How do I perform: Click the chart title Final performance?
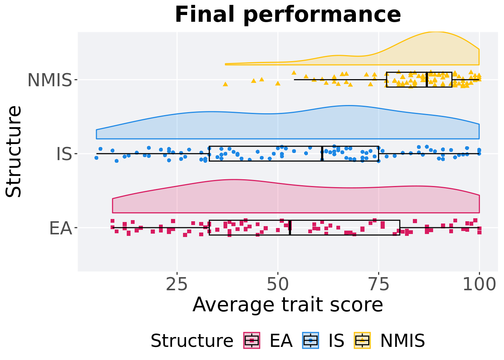pos(288,15)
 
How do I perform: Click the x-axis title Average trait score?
pos(288,304)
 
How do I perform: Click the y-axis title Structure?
pos(14,151)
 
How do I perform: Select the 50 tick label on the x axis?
pos(278,285)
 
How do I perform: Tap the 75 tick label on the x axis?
pos(378,285)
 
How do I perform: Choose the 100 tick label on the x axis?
pos(479,285)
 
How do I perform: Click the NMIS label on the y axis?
pos(49,80)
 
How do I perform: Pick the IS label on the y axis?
pos(64,154)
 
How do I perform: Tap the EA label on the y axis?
pos(60,228)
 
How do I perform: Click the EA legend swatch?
pos(252,340)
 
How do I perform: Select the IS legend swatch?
pos(310,340)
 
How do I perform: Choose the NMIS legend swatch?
pos(362,340)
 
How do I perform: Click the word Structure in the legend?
pos(192,341)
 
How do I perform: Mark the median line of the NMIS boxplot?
pos(427,79)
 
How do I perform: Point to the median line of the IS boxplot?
pos(322,154)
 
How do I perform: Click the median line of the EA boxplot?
pos(290,228)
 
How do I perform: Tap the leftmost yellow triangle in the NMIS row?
pos(225,84)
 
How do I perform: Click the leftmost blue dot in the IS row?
pos(96,158)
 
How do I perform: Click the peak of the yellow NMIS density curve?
pos(435,32)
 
